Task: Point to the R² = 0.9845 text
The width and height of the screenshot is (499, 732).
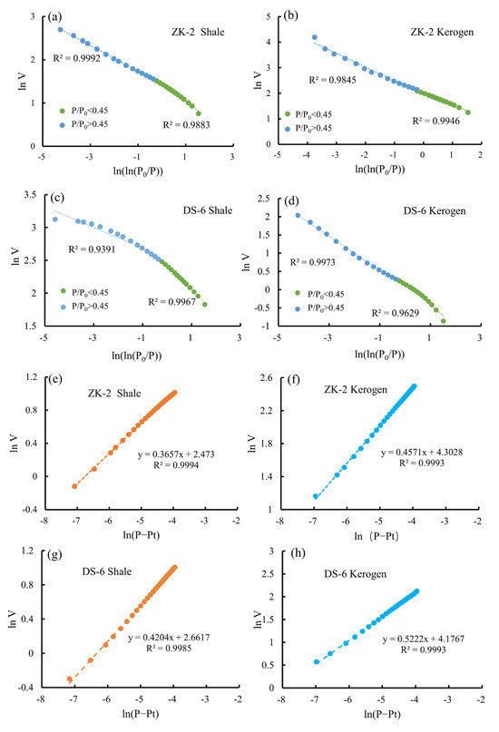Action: [x=330, y=81]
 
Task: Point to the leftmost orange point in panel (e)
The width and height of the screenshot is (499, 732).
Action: [x=74, y=485]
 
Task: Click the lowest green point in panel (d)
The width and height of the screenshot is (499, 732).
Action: [x=444, y=320]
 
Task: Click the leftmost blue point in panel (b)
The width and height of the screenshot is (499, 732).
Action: [x=315, y=38]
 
